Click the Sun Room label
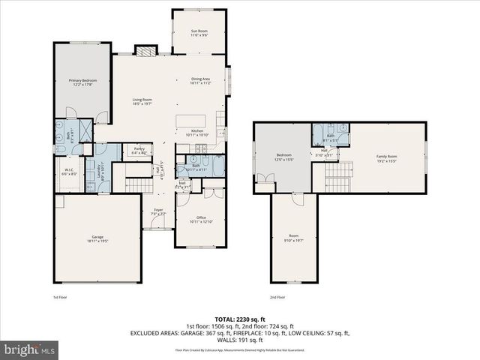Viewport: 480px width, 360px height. click(x=199, y=33)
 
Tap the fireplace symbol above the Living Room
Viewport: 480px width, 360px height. click(x=145, y=51)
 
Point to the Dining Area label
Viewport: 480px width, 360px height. click(x=200, y=80)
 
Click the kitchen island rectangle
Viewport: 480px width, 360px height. click(x=191, y=121)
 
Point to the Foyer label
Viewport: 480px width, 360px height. click(x=158, y=211)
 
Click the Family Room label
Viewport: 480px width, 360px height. click(x=386, y=158)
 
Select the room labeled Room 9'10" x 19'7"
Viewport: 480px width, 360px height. click(x=293, y=239)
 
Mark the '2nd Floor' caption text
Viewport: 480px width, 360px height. click(x=277, y=297)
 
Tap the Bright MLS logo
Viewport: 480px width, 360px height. click(x=30, y=349)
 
